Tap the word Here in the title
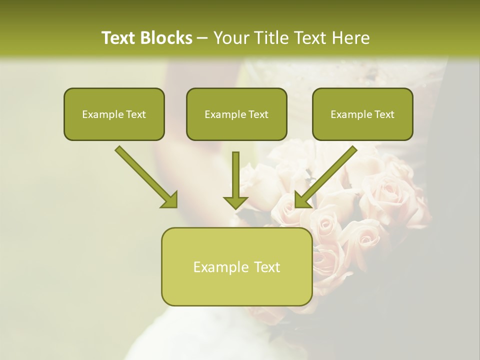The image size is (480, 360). (350, 38)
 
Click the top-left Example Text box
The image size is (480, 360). (114, 114)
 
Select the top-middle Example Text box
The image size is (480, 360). (236, 114)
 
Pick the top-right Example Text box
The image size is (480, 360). (362, 114)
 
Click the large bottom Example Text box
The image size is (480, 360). (236, 267)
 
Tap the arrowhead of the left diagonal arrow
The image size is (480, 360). (170, 200)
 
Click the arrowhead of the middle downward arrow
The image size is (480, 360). (235, 202)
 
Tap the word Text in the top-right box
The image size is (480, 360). (384, 114)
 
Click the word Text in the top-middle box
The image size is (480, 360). (258, 114)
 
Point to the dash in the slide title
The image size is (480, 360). (202, 38)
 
